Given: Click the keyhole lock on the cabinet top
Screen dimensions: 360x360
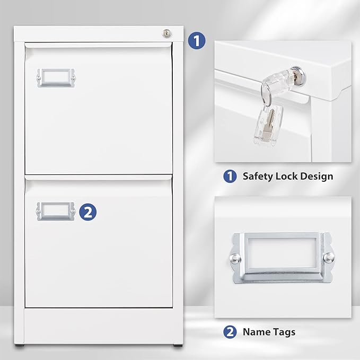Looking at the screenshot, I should tap(165, 33).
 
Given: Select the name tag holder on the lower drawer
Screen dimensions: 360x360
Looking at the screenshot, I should tap(56, 211).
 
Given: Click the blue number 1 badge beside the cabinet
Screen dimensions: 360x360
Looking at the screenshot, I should tap(197, 41).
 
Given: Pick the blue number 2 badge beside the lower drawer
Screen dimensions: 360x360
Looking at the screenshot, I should tap(88, 212).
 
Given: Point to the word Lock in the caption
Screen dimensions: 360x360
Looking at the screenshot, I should tap(290, 176).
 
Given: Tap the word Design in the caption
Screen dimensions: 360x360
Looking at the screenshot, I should tap(319, 176).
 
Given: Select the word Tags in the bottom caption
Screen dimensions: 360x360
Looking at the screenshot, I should tap(284, 332).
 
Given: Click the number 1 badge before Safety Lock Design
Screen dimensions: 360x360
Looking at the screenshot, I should tap(230, 176).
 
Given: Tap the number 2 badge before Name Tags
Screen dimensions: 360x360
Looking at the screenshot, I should tap(230, 332).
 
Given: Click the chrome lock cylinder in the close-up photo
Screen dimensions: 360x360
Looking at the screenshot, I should tap(293, 73).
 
